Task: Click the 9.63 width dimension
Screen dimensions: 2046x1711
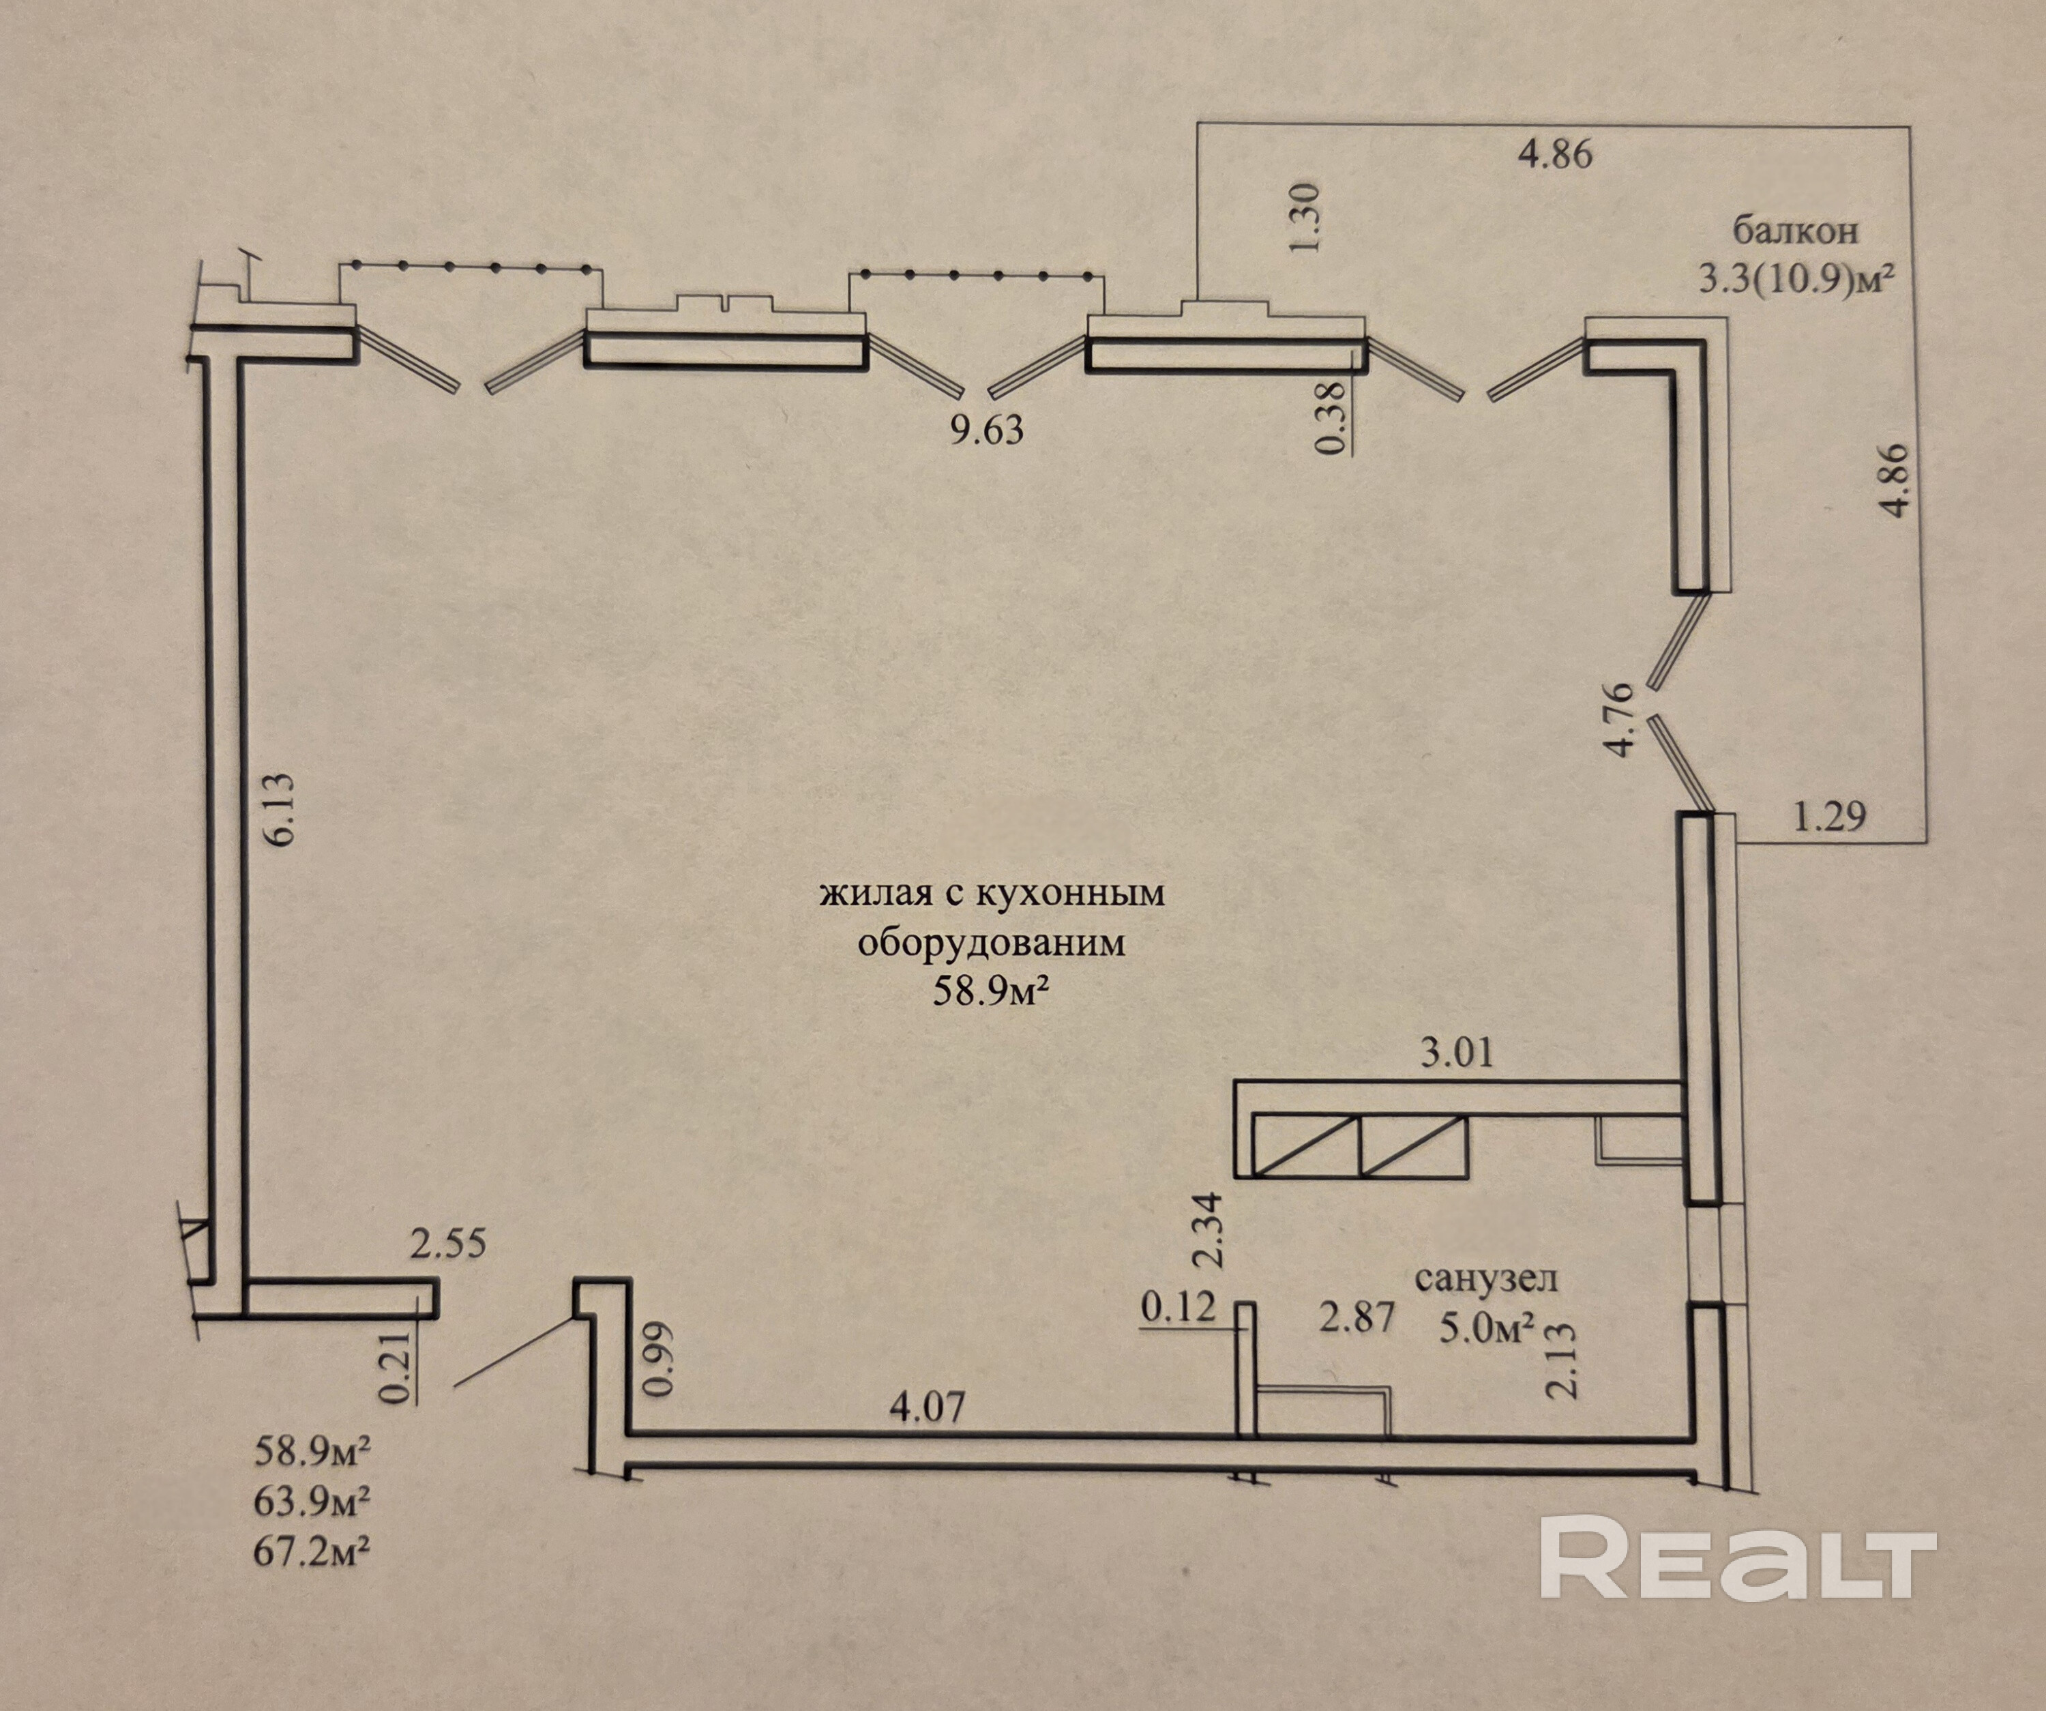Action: click(x=987, y=430)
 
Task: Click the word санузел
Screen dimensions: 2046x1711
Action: click(x=1487, y=1278)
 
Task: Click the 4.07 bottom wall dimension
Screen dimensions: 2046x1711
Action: click(x=928, y=1407)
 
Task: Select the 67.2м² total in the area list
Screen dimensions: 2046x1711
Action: click(x=312, y=1552)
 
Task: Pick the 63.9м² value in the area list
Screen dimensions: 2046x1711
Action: click(x=312, y=1502)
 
